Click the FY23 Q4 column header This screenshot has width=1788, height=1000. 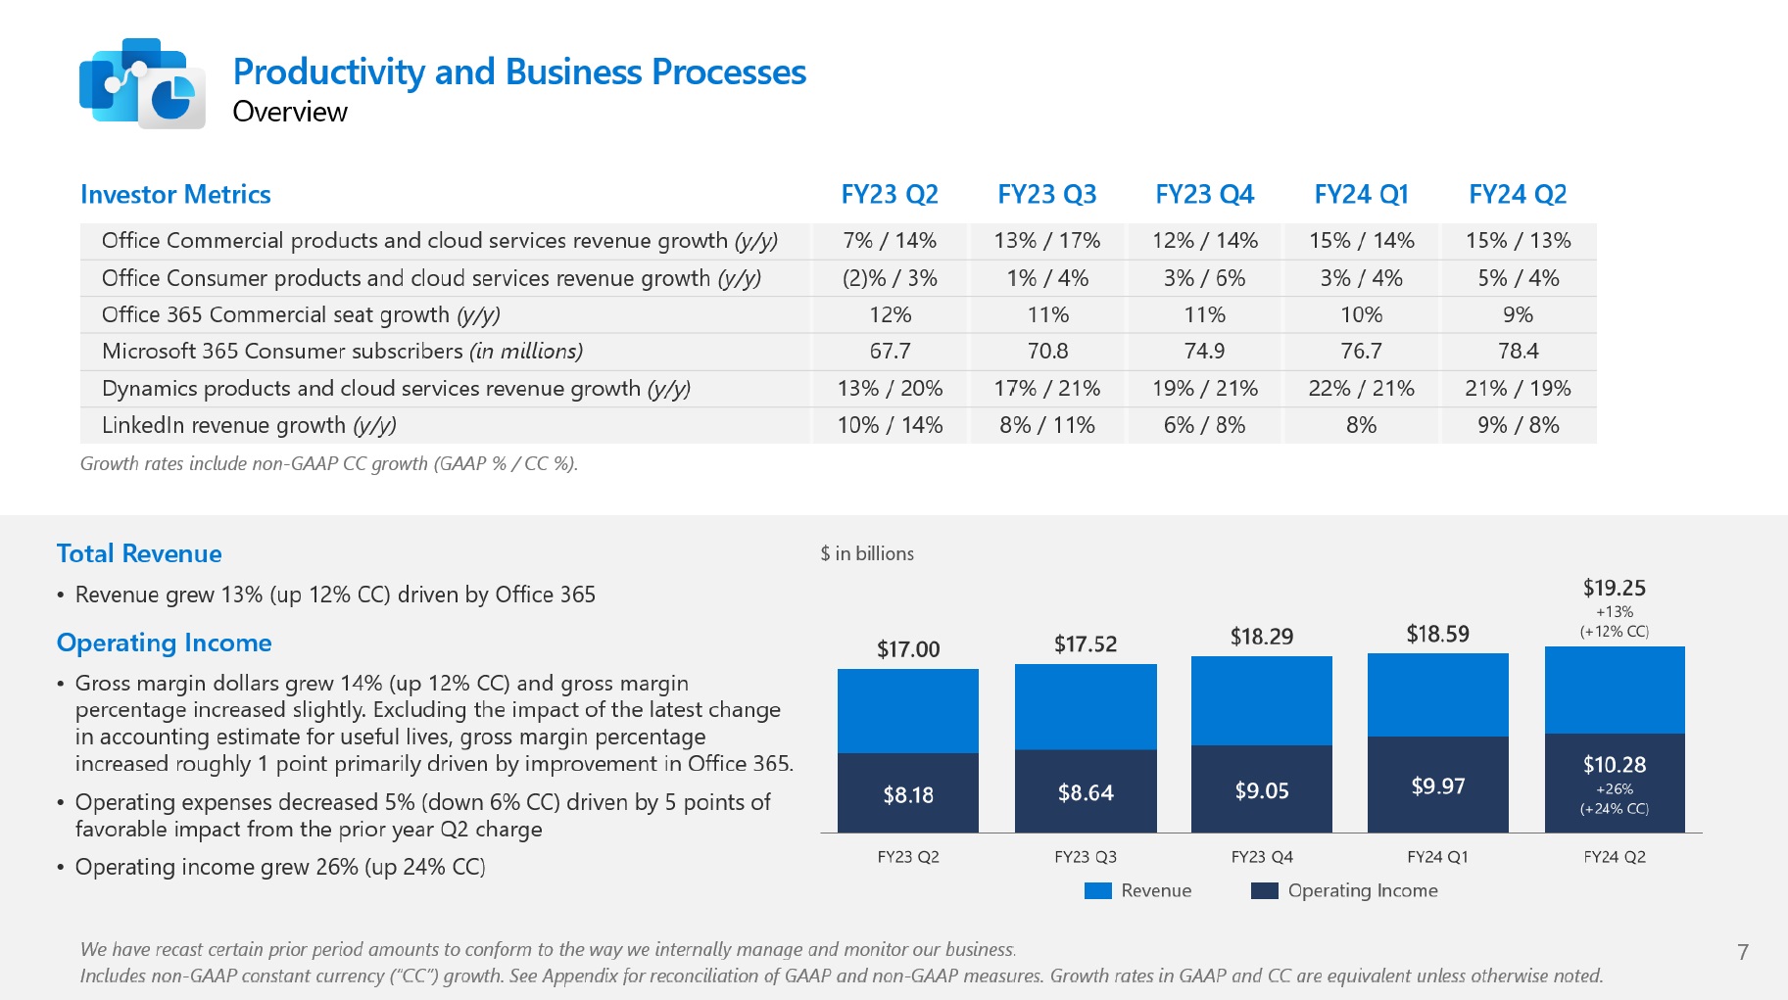click(x=1204, y=194)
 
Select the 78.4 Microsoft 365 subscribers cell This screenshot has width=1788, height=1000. click(x=1518, y=351)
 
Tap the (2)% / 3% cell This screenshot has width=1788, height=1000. click(x=890, y=278)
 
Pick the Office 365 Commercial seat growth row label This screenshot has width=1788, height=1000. click(x=301, y=314)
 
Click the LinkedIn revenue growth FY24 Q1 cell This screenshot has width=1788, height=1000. click(x=1361, y=425)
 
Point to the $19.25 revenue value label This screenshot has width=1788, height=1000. click(x=1614, y=588)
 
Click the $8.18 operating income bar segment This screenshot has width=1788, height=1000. click(x=908, y=794)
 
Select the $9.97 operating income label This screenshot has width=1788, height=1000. click(x=1437, y=786)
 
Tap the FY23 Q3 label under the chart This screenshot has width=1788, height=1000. click(x=1085, y=857)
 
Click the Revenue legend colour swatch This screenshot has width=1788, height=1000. click(x=1098, y=890)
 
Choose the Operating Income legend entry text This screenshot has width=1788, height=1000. click(x=1362, y=890)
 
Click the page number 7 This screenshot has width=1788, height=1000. click(x=1742, y=951)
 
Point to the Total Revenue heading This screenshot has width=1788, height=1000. click(x=139, y=553)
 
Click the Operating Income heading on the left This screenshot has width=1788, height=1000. click(x=164, y=643)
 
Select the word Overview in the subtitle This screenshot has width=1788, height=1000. click(x=290, y=112)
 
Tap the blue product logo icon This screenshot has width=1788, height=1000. click(x=142, y=83)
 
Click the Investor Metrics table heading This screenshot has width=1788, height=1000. click(x=175, y=194)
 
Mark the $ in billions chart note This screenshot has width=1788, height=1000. click(x=867, y=553)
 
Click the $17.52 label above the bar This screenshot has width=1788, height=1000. click(x=1085, y=643)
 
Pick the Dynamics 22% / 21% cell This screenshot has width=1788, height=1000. click(x=1361, y=388)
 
